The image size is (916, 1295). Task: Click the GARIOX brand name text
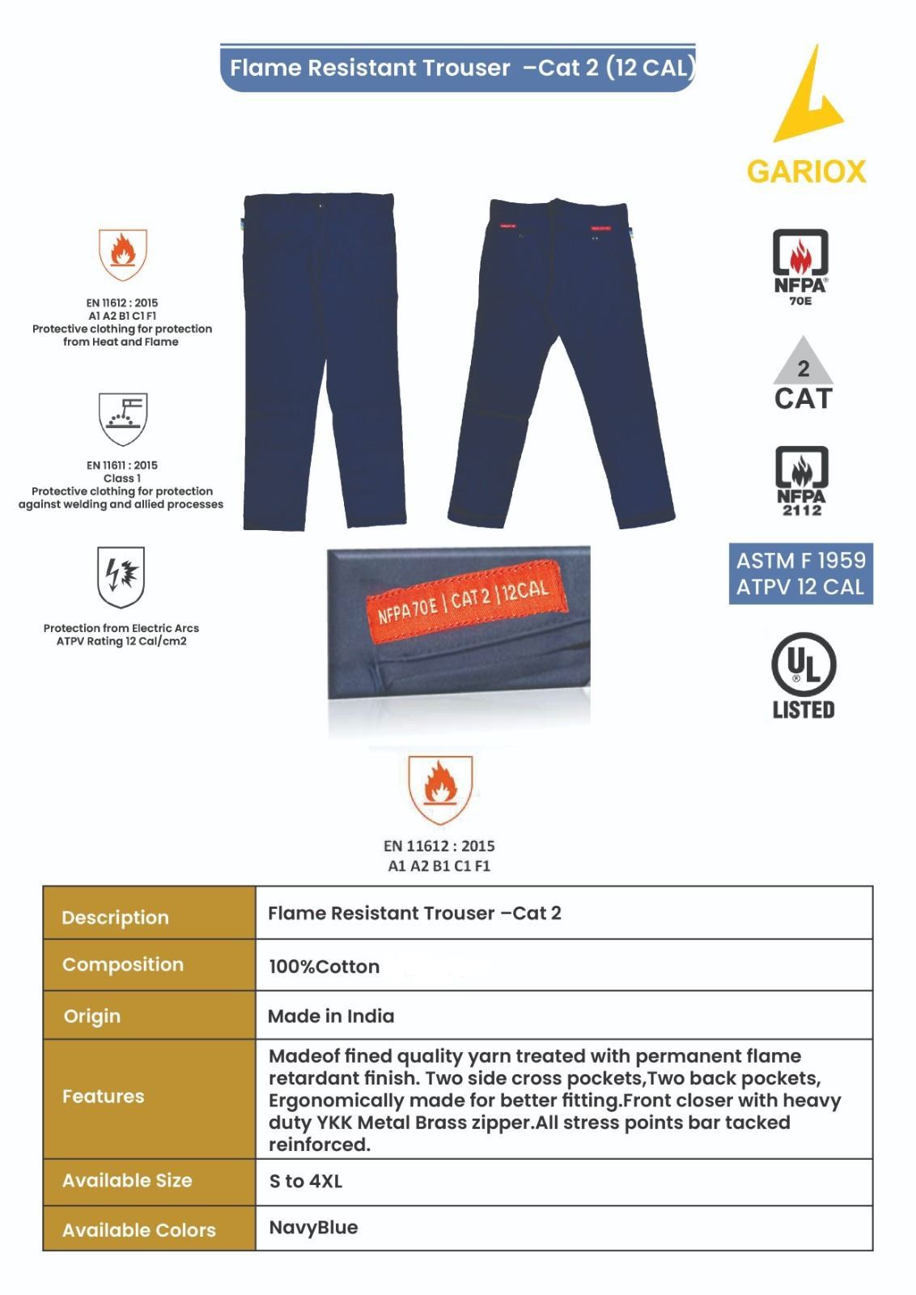pos(806,172)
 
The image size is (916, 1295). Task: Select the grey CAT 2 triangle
pos(803,363)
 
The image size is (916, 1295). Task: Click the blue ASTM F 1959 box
pos(800,573)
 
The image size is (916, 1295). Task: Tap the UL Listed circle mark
pos(803,666)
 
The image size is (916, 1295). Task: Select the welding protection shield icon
pos(122,418)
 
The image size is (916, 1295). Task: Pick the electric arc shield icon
pos(121,576)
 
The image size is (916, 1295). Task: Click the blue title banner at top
pos(458,68)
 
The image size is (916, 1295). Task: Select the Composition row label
pos(123,965)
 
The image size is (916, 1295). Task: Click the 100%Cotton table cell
pos(324,966)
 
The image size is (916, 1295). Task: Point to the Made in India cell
pos(331,1016)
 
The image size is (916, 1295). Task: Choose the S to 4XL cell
pos(306,1182)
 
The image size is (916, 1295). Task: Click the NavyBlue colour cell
pos(314,1227)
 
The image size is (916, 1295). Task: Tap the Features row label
pos(104,1097)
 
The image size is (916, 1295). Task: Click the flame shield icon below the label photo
pos(439,788)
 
